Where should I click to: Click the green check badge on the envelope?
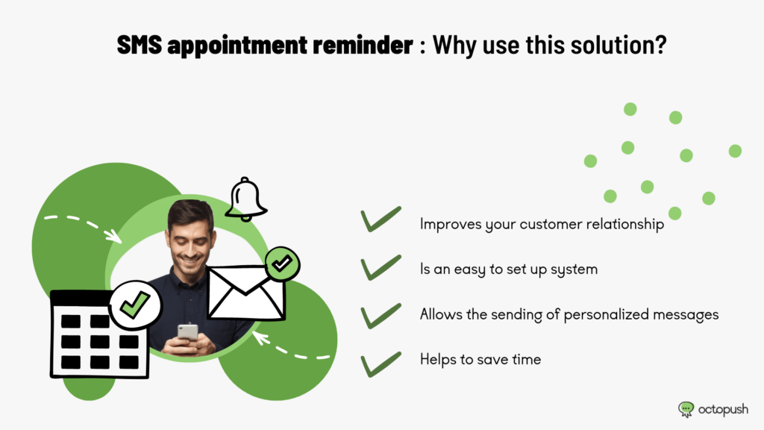pos(282,264)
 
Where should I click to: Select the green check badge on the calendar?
pos(135,305)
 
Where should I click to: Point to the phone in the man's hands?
pos(187,332)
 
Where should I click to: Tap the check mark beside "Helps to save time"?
pos(381,364)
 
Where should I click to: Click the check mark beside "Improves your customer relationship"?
pos(381,219)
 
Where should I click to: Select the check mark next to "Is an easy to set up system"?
pos(381,267)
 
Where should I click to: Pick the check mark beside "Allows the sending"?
pos(381,316)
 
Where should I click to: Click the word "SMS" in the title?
pos(140,45)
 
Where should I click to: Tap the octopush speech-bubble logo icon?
pos(686,409)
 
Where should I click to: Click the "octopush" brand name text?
pos(723,410)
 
